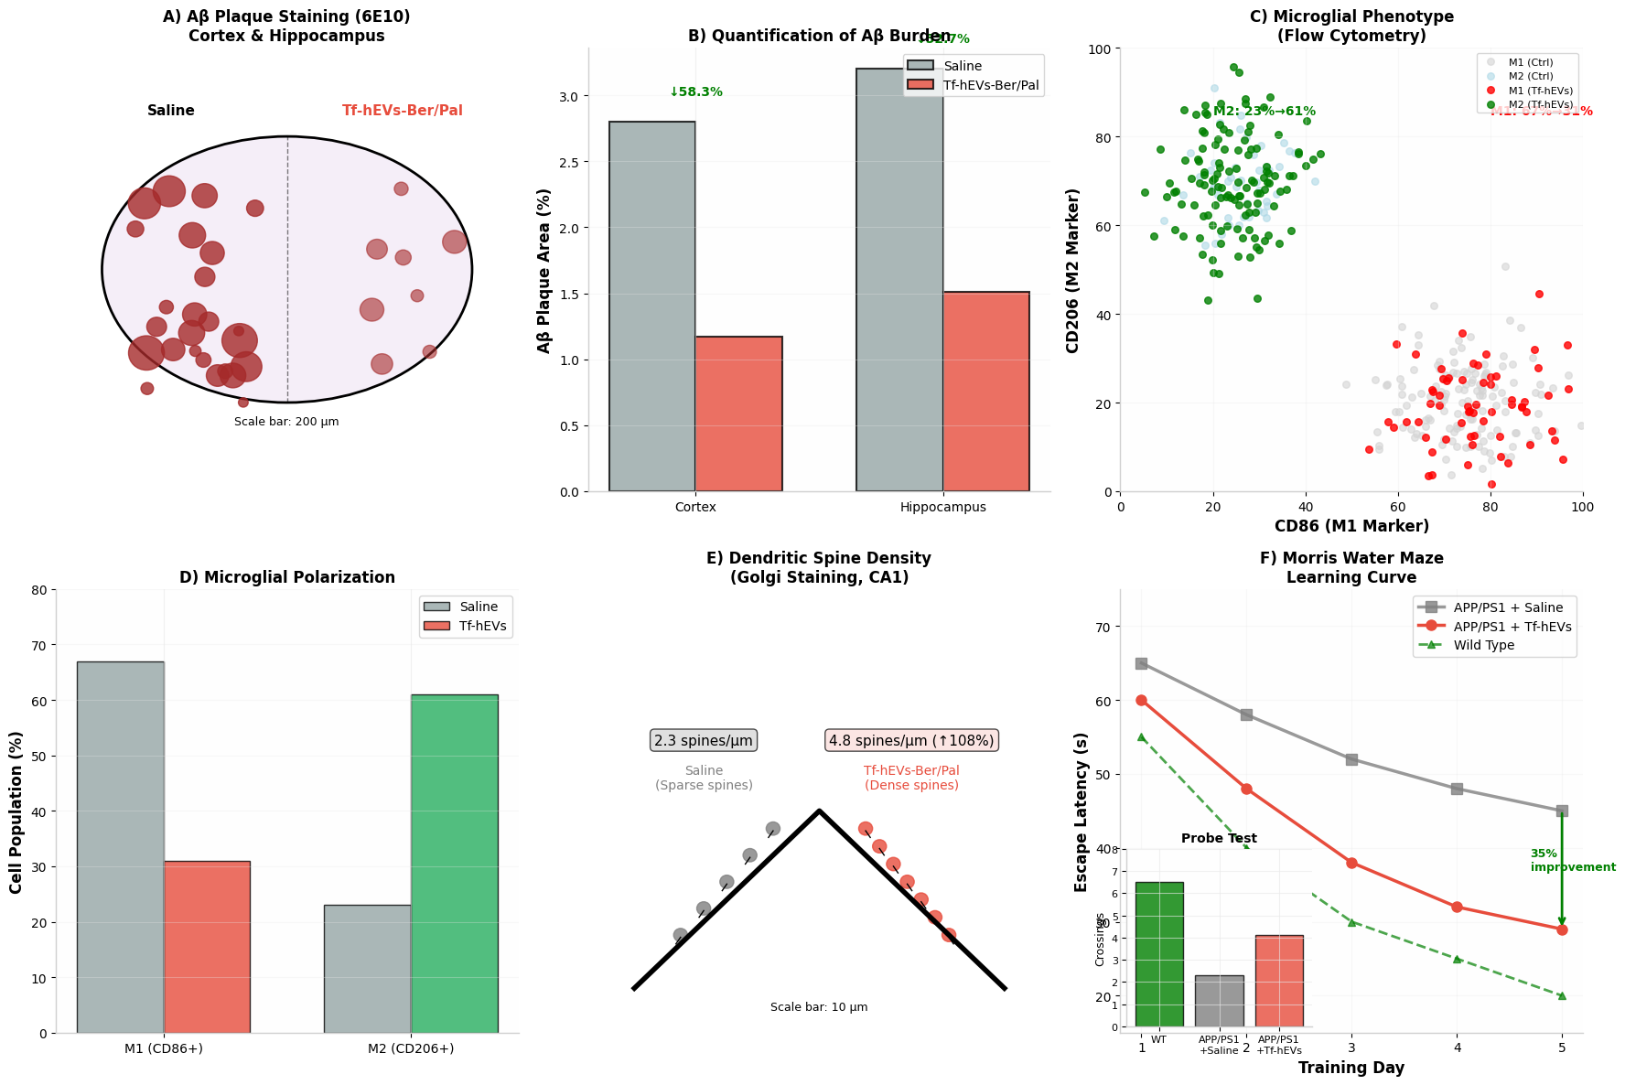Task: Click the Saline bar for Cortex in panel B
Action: (651, 306)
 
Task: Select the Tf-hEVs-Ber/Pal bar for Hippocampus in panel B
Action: (985, 392)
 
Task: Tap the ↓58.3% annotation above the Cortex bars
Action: (695, 92)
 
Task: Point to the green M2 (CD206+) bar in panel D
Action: (455, 864)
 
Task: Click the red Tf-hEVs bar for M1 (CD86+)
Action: (207, 947)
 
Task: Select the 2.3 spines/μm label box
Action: (704, 740)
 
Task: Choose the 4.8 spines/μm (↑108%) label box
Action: (911, 740)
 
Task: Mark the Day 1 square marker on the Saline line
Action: (1141, 663)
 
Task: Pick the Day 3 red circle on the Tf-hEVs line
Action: (1351, 863)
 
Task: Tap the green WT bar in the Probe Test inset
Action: (1159, 954)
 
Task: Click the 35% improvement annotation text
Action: (1572, 860)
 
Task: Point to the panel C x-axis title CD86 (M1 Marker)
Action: (1351, 526)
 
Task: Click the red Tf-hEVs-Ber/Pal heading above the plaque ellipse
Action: (403, 111)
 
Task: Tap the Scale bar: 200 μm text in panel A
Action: (286, 422)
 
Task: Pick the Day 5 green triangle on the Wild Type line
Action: (1562, 995)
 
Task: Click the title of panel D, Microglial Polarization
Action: (287, 577)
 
